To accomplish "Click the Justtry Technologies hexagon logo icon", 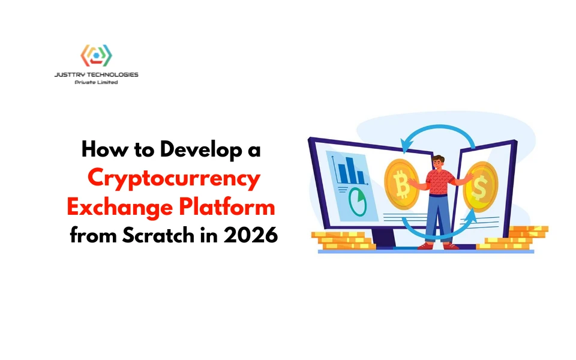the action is [x=96, y=55].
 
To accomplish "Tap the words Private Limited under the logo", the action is [x=96, y=82].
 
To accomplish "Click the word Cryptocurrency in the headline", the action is [x=174, y=179].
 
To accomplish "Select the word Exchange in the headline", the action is [x=120, y=207].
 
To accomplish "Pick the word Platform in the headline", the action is [x=227, y=206].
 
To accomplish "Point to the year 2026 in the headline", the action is [x=251, y=235].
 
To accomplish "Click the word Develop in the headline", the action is [x=201, y=150].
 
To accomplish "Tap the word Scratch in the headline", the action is [x=158, y=235].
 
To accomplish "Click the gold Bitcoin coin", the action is [x=401, y=184].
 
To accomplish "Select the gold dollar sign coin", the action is [x=480, y=187].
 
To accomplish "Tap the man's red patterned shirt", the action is [x=439, y=182].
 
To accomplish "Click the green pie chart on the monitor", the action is [x=358, y=202].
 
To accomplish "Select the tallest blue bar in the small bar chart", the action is [x=349, y=170].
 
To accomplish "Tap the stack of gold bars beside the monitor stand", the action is [x=343, y=241].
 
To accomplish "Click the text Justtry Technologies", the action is [x=96, y=74].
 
